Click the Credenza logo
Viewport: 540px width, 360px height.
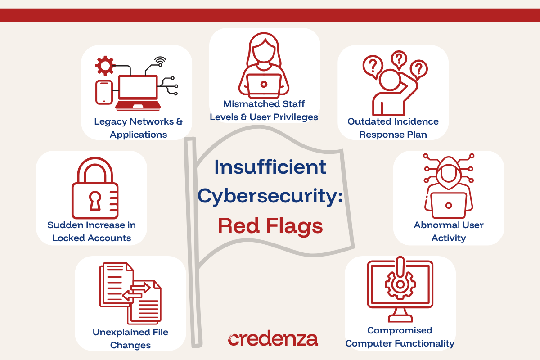[273, 339]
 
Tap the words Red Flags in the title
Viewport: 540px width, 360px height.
[270, 226]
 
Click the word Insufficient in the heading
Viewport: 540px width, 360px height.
[270, 167]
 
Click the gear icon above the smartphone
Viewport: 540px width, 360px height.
[105, 66]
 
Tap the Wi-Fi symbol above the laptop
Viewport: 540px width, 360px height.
[159, 61]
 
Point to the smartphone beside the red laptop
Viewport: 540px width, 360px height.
[104, 92]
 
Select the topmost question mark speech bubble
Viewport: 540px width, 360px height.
[399, 59]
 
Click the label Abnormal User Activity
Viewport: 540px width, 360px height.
[449, 231]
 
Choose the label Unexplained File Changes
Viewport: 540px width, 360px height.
[130, 338]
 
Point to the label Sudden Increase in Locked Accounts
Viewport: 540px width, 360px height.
[92, 231]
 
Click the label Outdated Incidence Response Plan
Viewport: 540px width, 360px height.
[393, 128]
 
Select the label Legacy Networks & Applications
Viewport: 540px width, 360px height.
[139, 128]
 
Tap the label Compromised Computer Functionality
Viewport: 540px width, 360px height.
[400, 337]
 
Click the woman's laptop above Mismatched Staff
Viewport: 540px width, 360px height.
[264, 85]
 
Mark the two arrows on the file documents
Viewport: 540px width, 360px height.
[138, 292]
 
